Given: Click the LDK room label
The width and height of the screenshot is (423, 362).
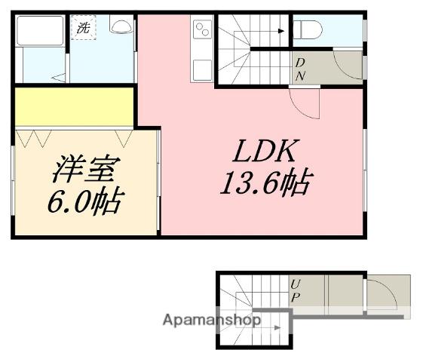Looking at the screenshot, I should pyautogui.click(x=262, y=152).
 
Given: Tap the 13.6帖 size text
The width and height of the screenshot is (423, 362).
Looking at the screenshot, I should pyautogui.click(x=266, y=183).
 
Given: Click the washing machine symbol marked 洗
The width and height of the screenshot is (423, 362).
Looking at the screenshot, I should pyautogui.click(x=83, y=29).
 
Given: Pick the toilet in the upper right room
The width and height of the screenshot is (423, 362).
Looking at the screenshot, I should pyautogui.click(x=308, y=30).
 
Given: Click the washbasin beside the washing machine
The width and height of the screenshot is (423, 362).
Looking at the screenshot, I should pyautogui.click(x=120, y=26).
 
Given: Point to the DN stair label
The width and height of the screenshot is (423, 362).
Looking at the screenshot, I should pyautogui.click(x=299, y=68).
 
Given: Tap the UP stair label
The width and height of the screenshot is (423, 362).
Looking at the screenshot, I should pyautogui.click(x=296, y=290).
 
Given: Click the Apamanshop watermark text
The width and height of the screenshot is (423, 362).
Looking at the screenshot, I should pyautogui.click(x=212, y=320).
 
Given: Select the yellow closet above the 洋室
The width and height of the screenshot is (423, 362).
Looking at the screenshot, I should pyautogui.click(x=74, y=107).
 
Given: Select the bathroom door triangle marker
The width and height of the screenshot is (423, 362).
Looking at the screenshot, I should pyautogui.click(x=58, y=76).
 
